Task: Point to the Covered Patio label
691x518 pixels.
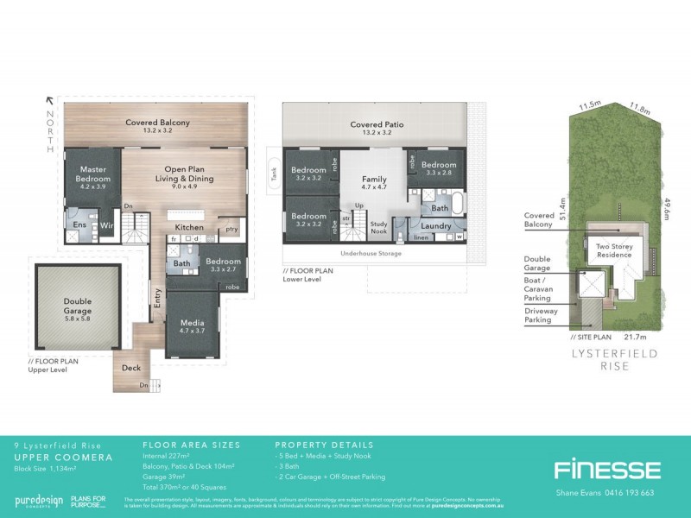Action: [x=371, y=125]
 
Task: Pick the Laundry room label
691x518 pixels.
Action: [x=437, y=225]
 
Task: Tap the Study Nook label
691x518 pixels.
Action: [x=378, y=228]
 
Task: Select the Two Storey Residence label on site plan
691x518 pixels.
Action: [x=616, y=250]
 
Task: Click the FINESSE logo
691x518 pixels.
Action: [x=606, y=470]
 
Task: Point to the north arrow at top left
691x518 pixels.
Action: [x=50, y=102]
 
